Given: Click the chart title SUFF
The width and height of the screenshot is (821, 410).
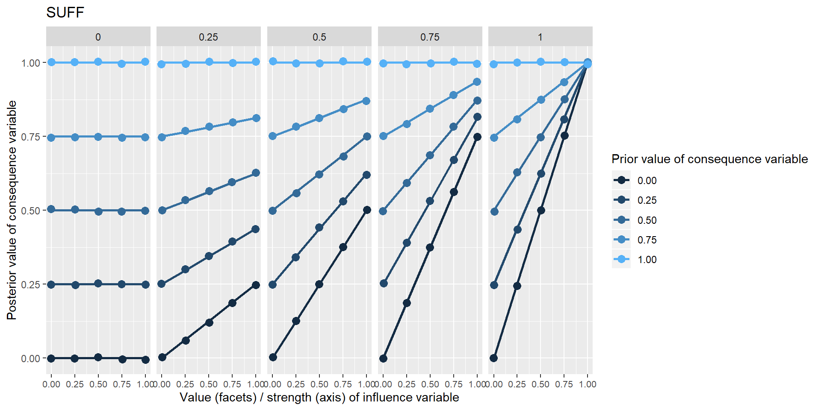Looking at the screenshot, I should click(65, 13).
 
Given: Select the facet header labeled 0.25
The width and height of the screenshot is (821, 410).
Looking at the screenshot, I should click(208, 37).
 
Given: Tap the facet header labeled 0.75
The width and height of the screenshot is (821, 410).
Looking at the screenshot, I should click(430, 37).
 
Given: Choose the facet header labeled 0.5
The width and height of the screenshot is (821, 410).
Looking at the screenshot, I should click(319, 37).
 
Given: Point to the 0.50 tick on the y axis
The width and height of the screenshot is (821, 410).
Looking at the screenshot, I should click(30, 211).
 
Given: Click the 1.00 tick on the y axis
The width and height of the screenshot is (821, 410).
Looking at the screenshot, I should click(30, 63).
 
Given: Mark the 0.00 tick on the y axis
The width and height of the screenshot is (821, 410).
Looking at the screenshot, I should click(30, 358).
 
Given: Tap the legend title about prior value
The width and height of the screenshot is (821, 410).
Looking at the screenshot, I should click(709, 159).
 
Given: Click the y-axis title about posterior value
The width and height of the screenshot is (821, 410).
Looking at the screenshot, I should click(12, 210).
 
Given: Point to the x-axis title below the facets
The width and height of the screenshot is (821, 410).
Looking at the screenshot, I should click(319, 398).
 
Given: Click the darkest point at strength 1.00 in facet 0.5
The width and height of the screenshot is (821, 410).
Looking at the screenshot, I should click(366, 210).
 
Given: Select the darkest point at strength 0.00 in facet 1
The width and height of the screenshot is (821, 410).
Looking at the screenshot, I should click(494, 358).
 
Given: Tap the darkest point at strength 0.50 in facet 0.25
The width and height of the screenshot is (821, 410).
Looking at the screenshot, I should click(209, 322).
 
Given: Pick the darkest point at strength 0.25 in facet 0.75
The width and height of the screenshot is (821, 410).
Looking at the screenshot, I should click(407, 303).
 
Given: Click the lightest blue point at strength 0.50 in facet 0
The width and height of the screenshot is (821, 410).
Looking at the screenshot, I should click(98, 62).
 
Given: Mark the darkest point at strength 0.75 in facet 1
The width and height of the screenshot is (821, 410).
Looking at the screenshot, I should click(564, 136).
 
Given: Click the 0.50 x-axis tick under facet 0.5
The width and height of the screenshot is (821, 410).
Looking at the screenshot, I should click(319, 384).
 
